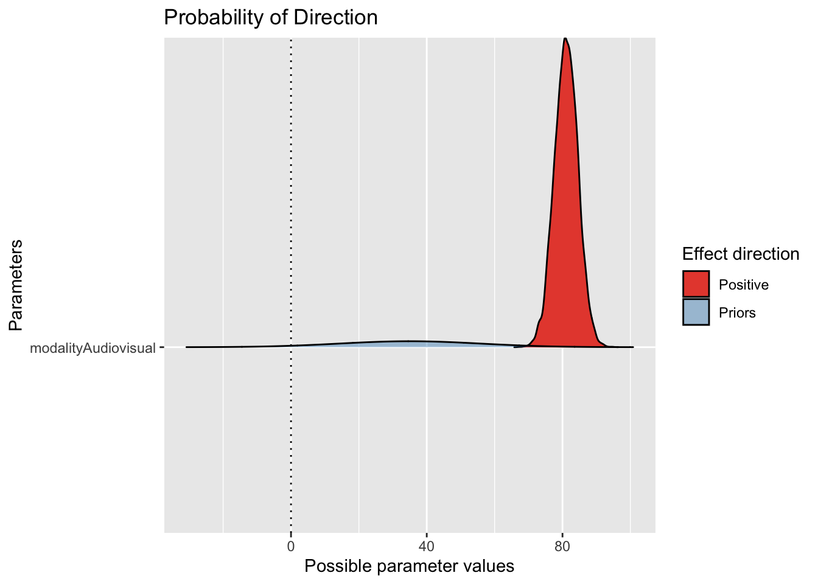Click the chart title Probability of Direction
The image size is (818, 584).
271,18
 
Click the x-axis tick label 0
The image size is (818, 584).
290,546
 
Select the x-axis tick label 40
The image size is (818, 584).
427,546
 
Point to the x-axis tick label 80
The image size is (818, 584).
562,546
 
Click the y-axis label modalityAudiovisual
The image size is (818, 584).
93,349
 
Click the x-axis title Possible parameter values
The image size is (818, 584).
409,566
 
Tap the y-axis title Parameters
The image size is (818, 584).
16,285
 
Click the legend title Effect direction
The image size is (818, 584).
741,254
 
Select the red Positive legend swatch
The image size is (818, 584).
696,284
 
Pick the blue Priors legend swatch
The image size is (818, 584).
696,312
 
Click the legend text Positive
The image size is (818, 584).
743,285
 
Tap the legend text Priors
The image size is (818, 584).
737,313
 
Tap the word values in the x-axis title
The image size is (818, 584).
490,566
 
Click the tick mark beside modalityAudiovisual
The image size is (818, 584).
161,348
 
